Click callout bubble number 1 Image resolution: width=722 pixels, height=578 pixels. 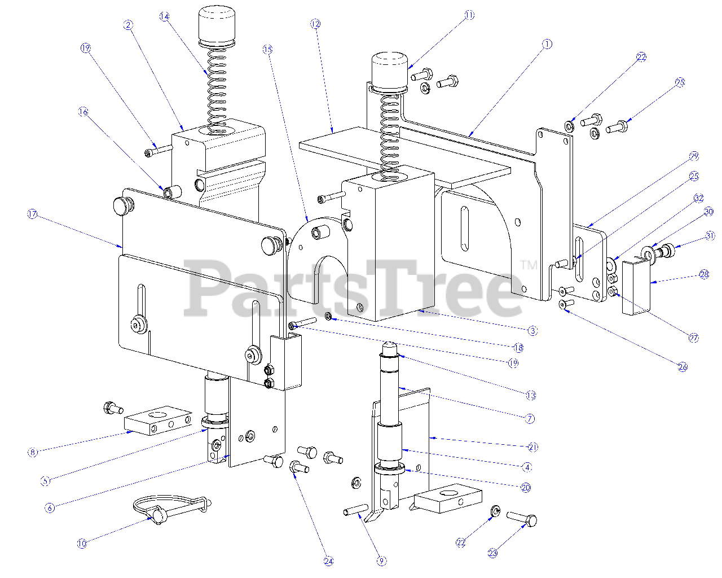coord(546,44)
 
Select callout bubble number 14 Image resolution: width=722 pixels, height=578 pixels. coord(164,16)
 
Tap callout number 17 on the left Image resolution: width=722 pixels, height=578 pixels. coord(32,214)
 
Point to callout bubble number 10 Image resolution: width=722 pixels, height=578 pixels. coord(82,544)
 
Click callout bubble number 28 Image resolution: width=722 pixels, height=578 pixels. coord(703,274)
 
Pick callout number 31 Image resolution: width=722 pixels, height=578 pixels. coord(710,236)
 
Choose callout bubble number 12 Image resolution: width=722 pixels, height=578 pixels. coord(315,24)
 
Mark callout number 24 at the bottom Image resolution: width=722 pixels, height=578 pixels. coord(328,561)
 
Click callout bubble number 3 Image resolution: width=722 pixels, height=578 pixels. coord(532,331)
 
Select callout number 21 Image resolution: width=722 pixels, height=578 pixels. coord(532,447)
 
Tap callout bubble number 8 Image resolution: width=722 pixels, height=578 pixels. coord(32,452)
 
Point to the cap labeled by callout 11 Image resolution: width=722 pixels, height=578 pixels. coord(389,69)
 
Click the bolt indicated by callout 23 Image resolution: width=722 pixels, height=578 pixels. coord(522,518)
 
